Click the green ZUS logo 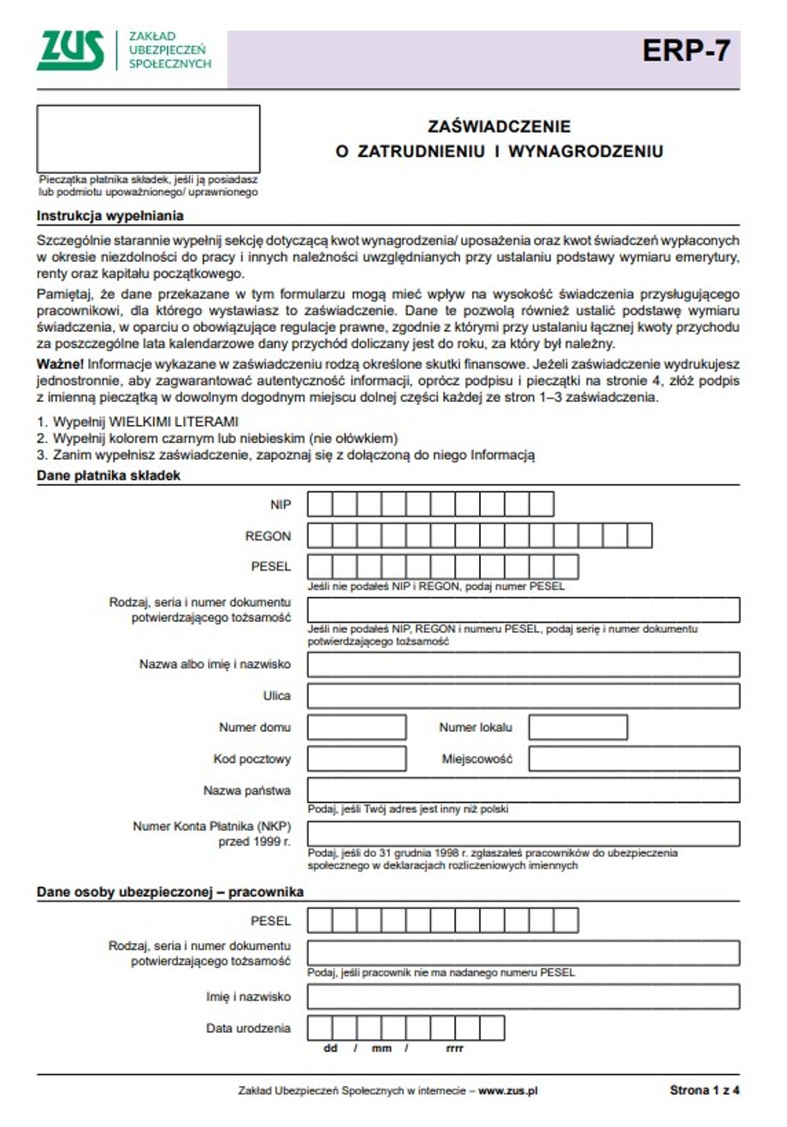tap(71, 51)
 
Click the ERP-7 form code tap(686, 52)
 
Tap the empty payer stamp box tap(148, 139)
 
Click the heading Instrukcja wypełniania tap(109, 216)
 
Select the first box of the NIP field tap(319, 504)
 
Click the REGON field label tap(268, 536)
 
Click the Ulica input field tap(523, 696)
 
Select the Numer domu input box tap(344, 728)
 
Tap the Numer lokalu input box tap(577, 728)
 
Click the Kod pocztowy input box tap(344, 759)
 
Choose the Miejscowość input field tap(633, 759)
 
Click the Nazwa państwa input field tap(523, 790)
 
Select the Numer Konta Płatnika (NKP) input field tap(523, 834)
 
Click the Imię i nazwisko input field tap(523, 997)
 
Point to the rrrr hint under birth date tap(454, 1048)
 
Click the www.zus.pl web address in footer tap(507, 1090)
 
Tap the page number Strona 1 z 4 tap(704, 1090)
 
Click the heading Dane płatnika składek tap(109, 475)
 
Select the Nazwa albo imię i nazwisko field tap(523, 664)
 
